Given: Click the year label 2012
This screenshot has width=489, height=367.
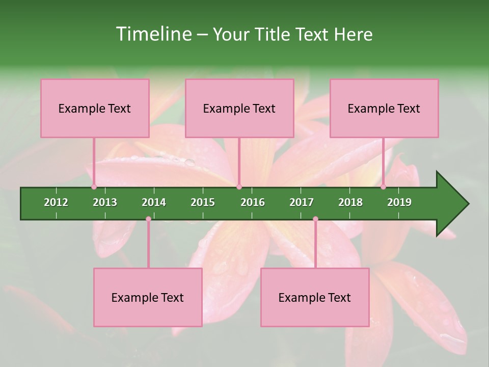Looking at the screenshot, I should (56, 202).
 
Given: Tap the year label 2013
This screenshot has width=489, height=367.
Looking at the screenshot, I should (105, 202).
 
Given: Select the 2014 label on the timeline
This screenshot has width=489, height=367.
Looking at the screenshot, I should (154, 202).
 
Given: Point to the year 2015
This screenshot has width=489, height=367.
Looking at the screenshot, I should (203, 202).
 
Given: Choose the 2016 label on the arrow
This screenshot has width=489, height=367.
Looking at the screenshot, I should (253, 202).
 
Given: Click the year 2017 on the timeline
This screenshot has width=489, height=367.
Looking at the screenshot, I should (302, 202).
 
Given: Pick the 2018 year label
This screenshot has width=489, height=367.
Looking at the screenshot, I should (350, 202).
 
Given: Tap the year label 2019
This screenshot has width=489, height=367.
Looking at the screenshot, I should (399, 202).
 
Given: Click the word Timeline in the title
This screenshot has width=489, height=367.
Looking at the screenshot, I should (152, 34).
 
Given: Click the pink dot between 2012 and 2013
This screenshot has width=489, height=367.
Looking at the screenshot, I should (94, 187).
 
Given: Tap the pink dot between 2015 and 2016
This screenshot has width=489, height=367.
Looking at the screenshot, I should (239, 187).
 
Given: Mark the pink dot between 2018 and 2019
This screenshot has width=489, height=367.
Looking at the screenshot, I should (383, 187).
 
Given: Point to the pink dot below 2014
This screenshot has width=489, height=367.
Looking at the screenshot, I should (148, 219).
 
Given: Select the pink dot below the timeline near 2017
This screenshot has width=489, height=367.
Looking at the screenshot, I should (315, 219).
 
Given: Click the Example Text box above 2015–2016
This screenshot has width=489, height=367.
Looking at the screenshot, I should (239, 108).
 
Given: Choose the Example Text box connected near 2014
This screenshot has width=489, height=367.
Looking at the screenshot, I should (148, 297).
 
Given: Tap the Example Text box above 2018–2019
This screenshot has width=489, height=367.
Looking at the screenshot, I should (384, 108).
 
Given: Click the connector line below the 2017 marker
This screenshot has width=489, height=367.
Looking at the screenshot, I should (315, 245).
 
